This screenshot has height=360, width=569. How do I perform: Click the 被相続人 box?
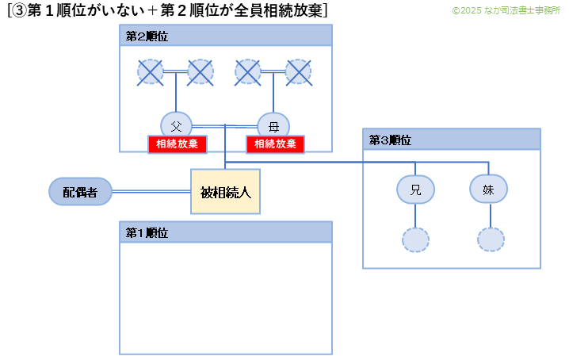pyautogui.click(x=226, y=191)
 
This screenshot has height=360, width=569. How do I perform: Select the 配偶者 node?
pyautogui.click(x=79, y=191)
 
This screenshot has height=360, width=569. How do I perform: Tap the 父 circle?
pyautogui.click(x=176, y=125)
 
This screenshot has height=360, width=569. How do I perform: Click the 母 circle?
pyautogui.click(x=273, y=125)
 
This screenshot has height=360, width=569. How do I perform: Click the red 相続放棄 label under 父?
pyautogui.click(x=178, y=144)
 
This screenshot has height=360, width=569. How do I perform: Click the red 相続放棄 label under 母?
pyautogui.click(x=275, y=144)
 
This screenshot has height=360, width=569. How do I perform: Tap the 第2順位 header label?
pyautogui.click(x=147, y=37)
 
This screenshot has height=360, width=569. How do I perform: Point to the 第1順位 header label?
pyautogui.click(x=147, y=232)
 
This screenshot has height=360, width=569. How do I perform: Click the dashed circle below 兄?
pyautogui.click(x=415, y=239)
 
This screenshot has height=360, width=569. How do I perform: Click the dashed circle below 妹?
pyautogui.click(x=491, y=239)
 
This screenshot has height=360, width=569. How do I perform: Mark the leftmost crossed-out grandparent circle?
pyautogui.click(x=151, y=72)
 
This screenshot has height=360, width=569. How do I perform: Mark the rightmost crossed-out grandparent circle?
pyautogui.click(x=298, y=72)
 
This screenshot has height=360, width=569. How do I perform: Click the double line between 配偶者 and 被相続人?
pyautogui.click(x=151, y=191)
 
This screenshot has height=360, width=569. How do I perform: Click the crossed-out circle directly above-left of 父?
pyautogui.click(x=151, y=72)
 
